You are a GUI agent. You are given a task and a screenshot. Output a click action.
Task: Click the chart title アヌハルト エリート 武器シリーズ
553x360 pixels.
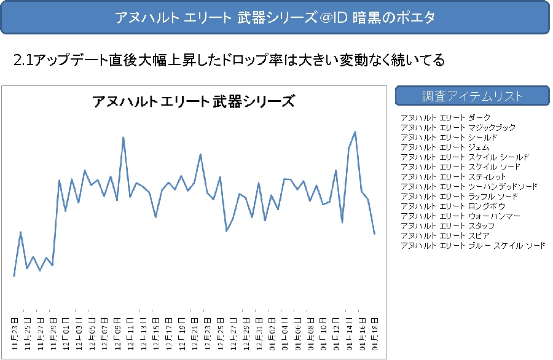coord(193,101)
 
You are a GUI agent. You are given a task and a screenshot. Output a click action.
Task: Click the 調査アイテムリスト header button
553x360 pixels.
coord(472,96)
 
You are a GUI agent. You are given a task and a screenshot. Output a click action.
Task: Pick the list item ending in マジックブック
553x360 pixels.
coord(458,127)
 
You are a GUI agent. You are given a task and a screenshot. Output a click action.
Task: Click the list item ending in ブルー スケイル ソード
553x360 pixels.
coord(473,245)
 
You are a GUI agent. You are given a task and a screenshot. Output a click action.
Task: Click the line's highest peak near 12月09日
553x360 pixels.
coord(124,138)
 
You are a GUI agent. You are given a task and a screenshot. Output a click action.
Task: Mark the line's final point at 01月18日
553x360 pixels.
coord(375,233)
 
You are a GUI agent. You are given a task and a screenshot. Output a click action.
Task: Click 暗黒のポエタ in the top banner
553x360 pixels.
coord(394,17)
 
